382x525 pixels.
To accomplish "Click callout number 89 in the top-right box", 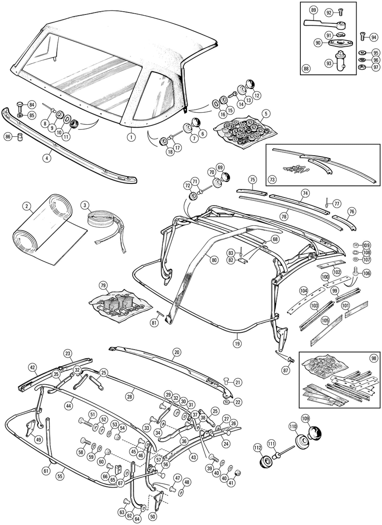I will coord(313,10).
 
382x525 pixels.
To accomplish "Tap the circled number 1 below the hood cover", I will coord(131,137).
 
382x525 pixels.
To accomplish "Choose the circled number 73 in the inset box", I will coord(272,179).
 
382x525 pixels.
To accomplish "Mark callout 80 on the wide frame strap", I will coord(214,260).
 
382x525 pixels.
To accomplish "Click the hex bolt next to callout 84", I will coord(20,106).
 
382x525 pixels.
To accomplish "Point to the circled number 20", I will coord(177,352).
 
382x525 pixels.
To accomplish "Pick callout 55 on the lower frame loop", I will coord(60,476).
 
